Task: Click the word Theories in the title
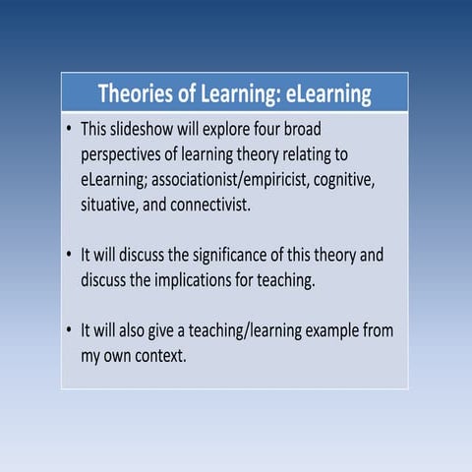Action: point(139,94)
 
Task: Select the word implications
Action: point(224,280)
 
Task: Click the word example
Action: point(339,330)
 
